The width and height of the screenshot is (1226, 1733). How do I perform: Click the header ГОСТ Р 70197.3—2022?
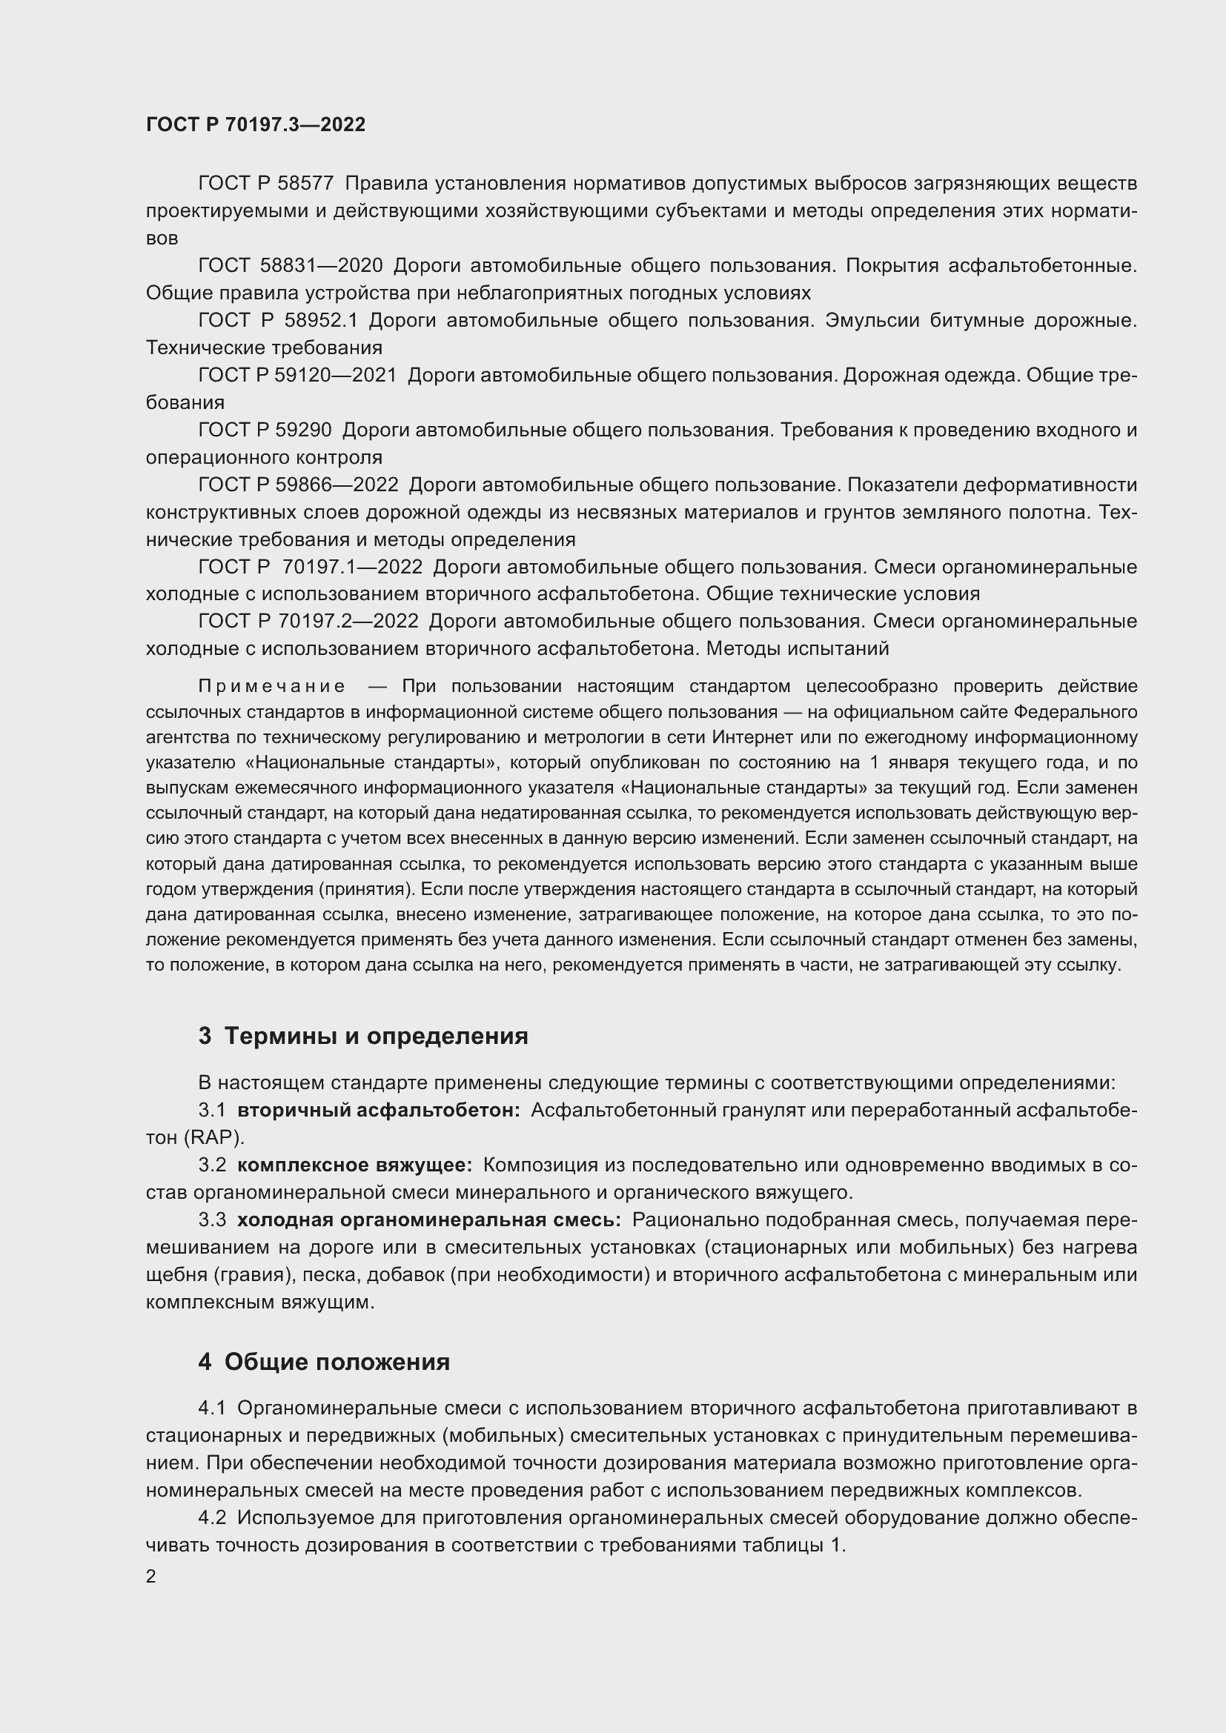point(255,124)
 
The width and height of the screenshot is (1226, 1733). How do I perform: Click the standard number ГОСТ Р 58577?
point(266,184)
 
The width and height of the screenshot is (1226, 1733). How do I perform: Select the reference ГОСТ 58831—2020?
point(291,266)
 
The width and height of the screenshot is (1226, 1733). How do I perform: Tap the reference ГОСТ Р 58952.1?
point(277,321)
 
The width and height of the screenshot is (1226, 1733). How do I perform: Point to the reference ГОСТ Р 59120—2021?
point(297,375)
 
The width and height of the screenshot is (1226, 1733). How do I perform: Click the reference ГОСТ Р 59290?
point(265,430)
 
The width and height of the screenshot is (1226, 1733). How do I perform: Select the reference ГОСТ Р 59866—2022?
point(298,485)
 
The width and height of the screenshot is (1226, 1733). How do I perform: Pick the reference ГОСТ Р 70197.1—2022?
point(311,567)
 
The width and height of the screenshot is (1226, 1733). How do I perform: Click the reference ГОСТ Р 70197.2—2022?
point(308,621)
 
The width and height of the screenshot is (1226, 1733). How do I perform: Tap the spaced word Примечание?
point(272,686)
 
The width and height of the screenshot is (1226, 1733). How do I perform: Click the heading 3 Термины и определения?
point(363,1037)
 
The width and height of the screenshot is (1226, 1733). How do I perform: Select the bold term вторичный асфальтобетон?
point(378,1111)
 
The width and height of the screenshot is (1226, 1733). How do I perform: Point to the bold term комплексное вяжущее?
point(354,1165)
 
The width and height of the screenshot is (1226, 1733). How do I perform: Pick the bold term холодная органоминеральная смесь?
point(428,1220)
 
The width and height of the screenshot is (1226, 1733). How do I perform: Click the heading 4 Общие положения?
point(324,1363)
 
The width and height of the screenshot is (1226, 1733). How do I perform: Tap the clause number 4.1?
point(212,1408)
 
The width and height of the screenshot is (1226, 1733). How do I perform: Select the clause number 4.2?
point(212,1518)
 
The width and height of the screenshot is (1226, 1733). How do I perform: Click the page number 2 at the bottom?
point(151,1577)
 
